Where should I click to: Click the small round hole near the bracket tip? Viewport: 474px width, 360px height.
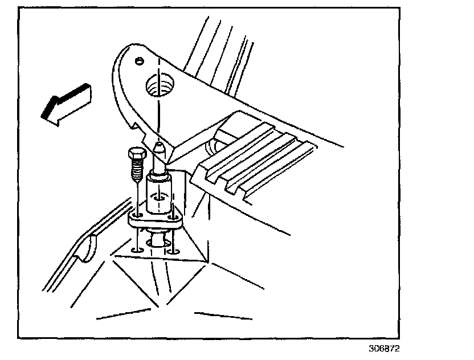(138, 60)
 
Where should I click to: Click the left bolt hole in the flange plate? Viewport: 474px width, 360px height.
(138, 216)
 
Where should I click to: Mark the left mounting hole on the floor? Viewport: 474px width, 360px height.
(137, 249)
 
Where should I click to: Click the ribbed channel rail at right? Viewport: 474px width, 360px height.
(256, 159)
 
